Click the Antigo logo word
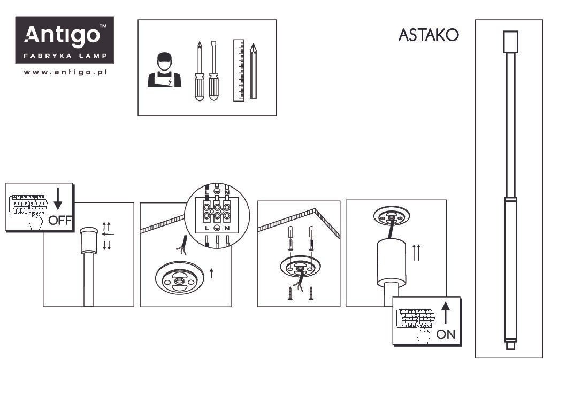(x=63, y=36)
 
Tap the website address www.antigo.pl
(x=66, y=72)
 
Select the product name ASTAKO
(x=429, y=35)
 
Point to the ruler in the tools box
(x=239, y=70)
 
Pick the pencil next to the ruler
(x=253, y=71)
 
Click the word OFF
(x=59, y=220)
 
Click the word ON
(x=446, y=334)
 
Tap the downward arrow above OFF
(x=58, y=200)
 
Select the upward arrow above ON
(x=445, y=313)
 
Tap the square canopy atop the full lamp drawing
(x=510, y=42)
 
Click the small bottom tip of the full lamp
(x=510, y=346)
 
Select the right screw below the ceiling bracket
(x=311, y=293)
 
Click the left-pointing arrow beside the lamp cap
(x=109, y=234)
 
